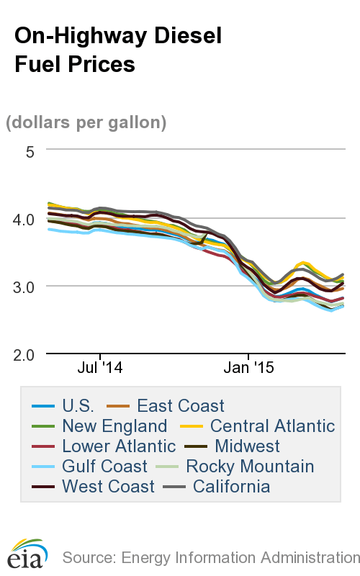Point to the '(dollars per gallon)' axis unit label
[x=86, y=122]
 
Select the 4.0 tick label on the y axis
[x=24, y=219]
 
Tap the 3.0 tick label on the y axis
[x=24, y=287]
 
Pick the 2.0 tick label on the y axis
[x=24, y=354]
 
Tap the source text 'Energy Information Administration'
[x=240, y=557]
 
